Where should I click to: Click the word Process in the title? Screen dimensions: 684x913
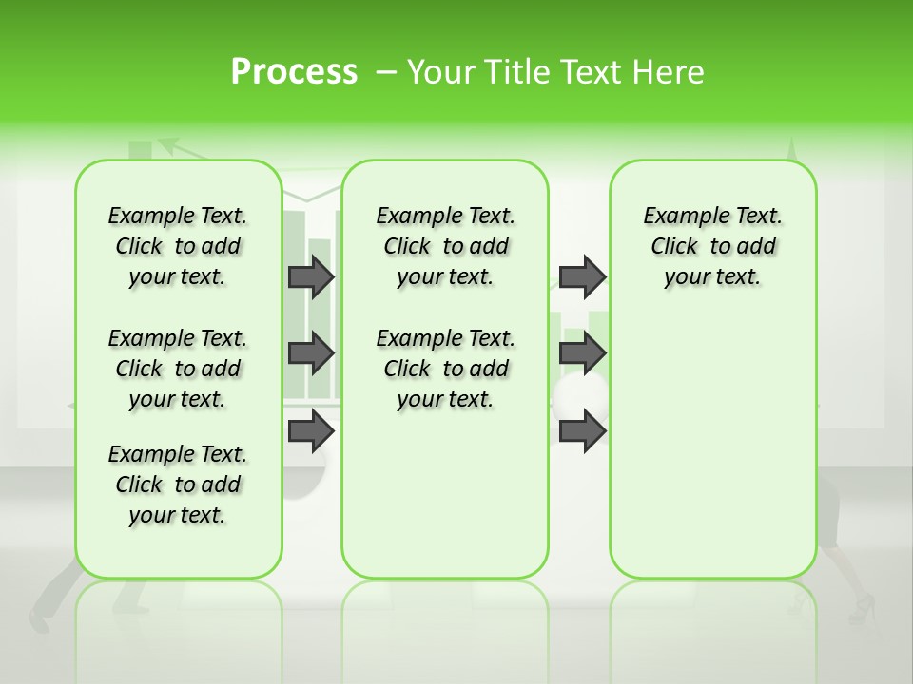coord(294,72)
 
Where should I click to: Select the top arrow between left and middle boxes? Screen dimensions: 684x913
coord(311,276)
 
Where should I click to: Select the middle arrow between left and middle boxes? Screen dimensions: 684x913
coord(311,353)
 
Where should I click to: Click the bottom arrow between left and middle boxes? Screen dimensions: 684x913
coord(311,431)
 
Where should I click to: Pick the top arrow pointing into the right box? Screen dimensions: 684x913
coord(582,276)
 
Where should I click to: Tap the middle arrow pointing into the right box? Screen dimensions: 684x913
coord(582,353)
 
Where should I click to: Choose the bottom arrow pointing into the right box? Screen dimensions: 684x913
coord(582,431)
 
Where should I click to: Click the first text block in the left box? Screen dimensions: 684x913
coord(178,246)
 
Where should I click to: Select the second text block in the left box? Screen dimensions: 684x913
coord(178,369)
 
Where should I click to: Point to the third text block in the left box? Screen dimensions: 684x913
coord(178,484)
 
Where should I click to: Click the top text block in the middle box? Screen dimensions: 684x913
coord(445,246)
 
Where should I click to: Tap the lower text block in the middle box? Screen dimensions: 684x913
coord(445,369)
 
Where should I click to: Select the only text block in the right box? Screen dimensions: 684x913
coord(712,246)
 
